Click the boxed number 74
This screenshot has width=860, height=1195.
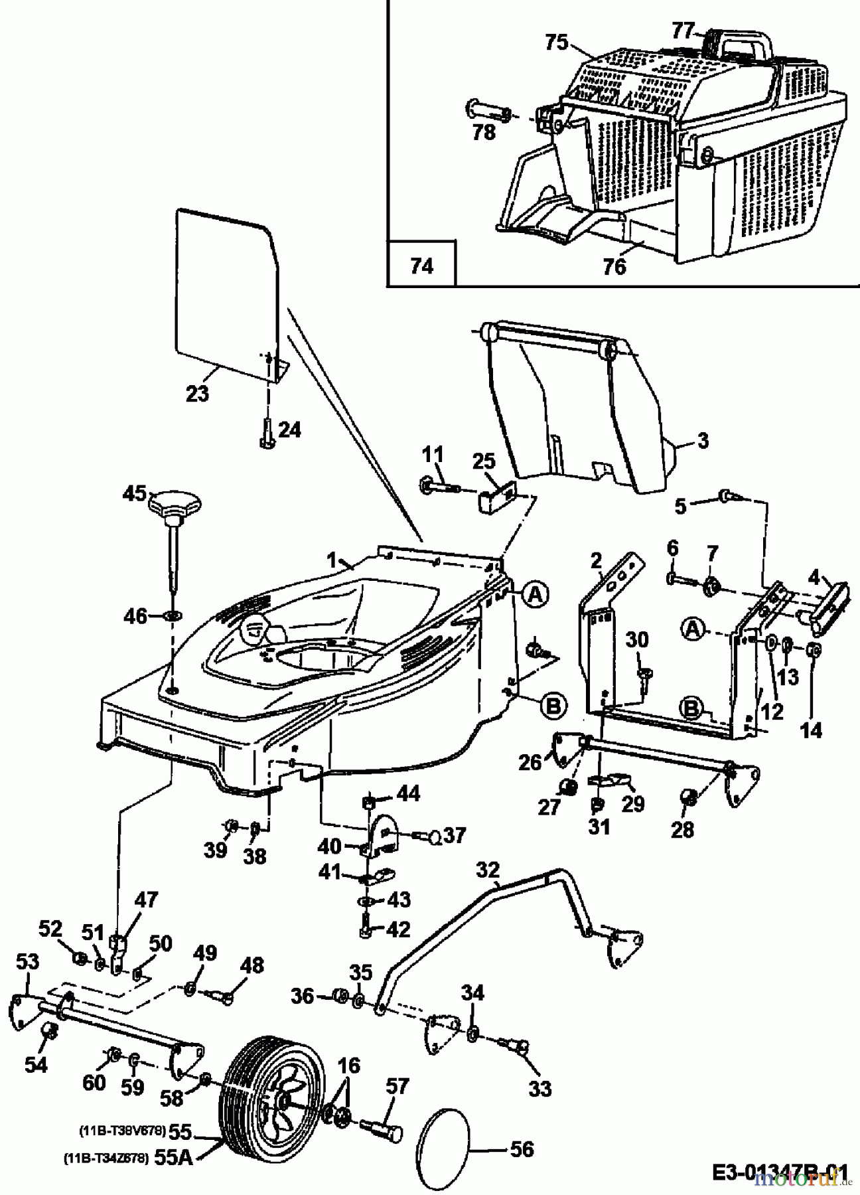422,266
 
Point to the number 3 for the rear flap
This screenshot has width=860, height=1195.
703,439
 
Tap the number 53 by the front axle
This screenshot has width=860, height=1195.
27,961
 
